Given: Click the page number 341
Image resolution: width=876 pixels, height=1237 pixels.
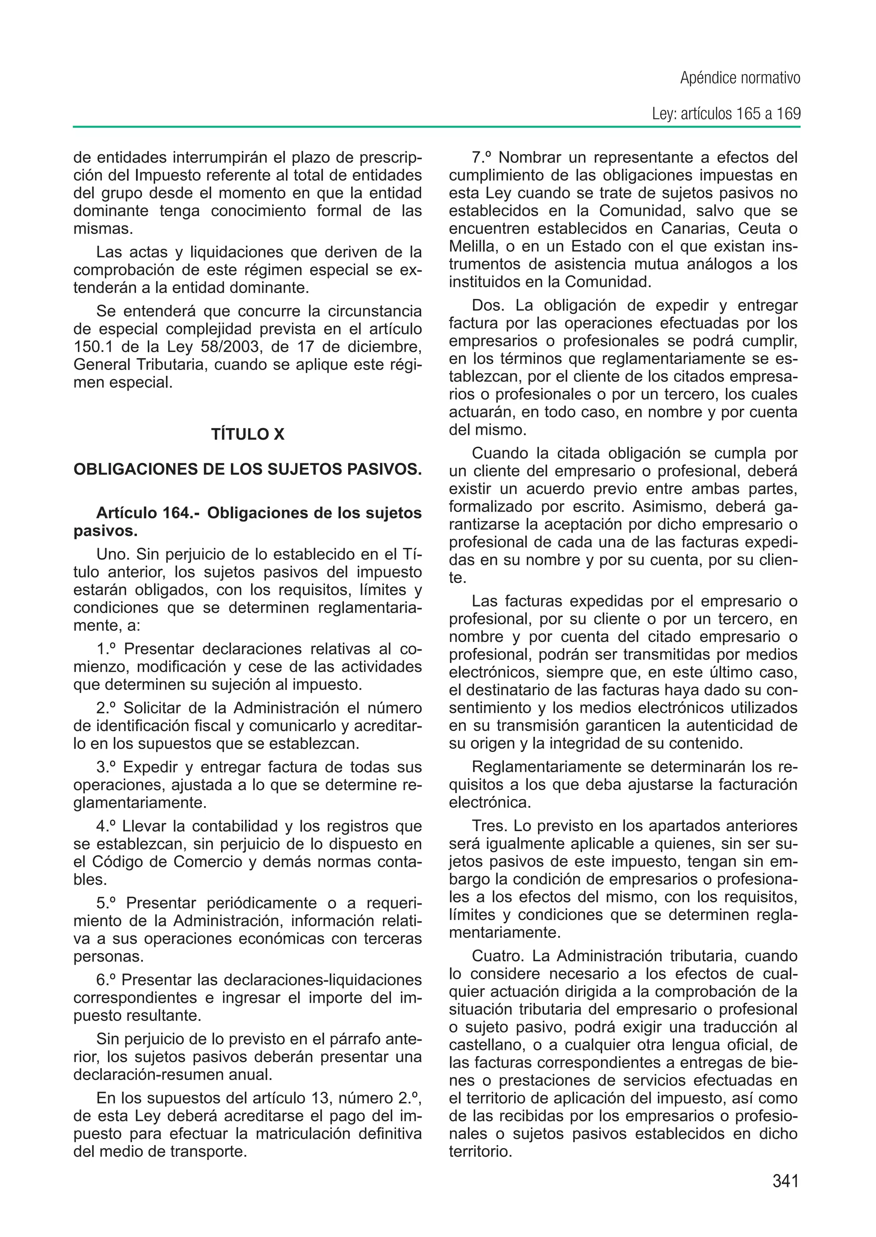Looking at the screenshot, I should click(x=785, y=1181).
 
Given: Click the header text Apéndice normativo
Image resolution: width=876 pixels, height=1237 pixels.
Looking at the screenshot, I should click(x=740, y=78).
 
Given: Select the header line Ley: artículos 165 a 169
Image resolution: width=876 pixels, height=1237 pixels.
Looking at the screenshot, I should click(x=726, y=114).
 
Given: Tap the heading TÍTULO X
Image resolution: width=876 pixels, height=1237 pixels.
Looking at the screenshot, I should click(x=248, y=434).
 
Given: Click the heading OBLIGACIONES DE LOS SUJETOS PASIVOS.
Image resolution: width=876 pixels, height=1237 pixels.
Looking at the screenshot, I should click(x=248, y=469).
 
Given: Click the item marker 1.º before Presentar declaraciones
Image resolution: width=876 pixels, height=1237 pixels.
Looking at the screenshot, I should click(x=107, y=649).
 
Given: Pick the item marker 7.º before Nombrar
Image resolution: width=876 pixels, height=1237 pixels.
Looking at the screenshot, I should click(x=483, y=157).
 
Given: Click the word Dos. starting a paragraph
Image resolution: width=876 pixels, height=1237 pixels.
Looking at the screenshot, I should click(x=488, y=305).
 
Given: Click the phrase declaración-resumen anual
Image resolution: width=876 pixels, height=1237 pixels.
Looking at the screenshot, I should click(x=172, y=1074).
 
